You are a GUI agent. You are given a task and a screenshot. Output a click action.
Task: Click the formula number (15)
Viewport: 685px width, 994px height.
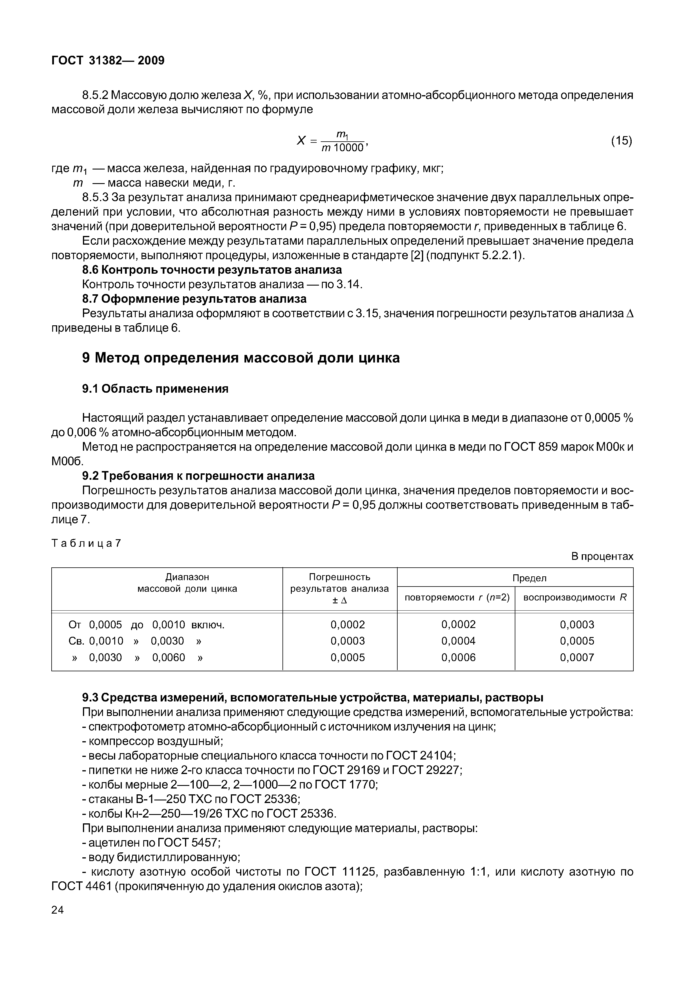point(621,140)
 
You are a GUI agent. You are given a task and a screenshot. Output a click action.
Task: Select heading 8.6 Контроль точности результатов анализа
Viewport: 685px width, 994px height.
point(212,270)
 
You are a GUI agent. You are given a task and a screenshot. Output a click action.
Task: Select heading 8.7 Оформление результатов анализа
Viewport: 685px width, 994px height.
point(194,299)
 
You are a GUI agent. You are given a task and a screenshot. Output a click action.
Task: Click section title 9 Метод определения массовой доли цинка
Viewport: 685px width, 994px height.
point(240,358)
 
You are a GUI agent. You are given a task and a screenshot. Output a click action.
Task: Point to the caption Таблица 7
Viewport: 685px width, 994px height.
point(86,543)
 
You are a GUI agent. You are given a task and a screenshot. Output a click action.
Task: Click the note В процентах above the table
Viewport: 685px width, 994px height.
point(602,556)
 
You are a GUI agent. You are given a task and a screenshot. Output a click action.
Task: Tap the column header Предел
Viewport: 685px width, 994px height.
point(529,578)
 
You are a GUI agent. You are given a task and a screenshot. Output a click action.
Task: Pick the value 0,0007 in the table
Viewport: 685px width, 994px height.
point(577,657)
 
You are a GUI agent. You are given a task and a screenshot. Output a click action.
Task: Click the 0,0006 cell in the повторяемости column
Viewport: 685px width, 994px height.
point(459,657)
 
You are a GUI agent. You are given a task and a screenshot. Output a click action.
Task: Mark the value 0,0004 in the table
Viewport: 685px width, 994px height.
point(459,641)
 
